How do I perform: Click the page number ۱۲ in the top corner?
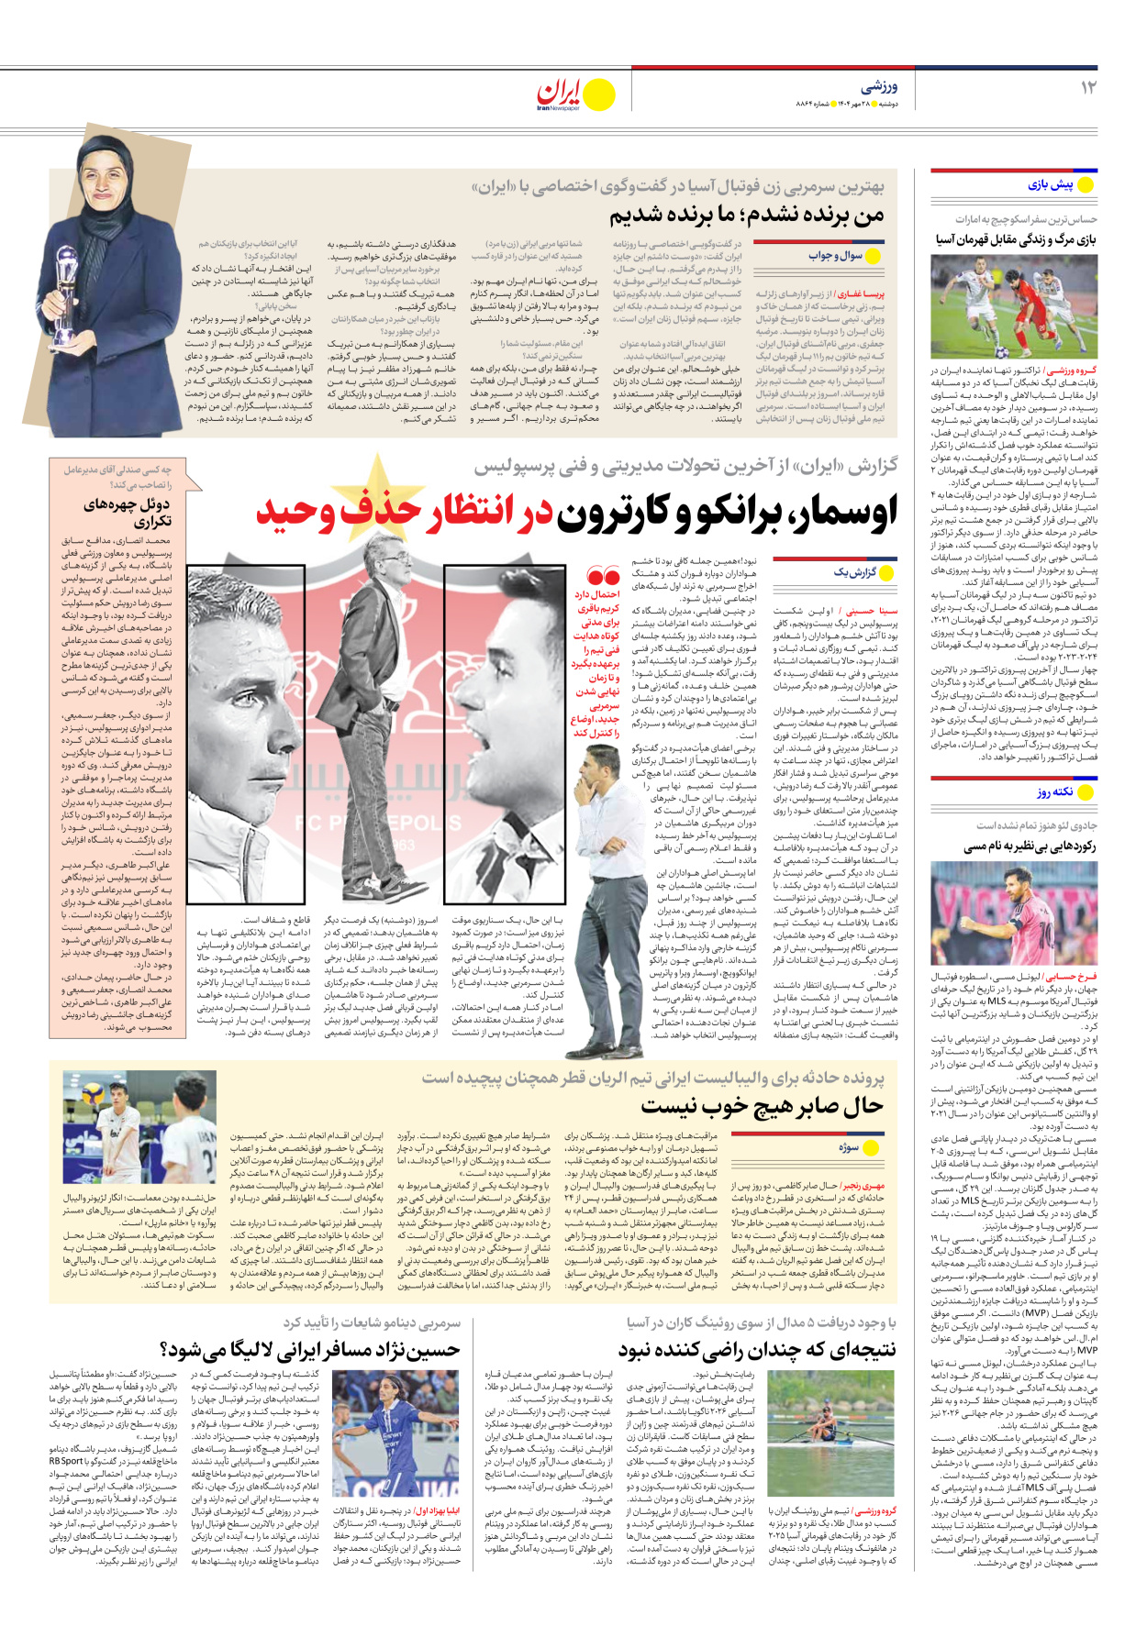pyautogui.click(x=1088, y=88)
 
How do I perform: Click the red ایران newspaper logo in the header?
pyautogui.click(x=561, y=94)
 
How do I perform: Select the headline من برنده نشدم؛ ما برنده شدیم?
pyautogui.click(x=747, y=216)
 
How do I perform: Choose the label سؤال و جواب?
pyautogui.click(x=835, y=256)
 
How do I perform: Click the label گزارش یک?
pyautogui.click(x=853, y=572)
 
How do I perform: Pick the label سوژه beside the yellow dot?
pyautogui.click(x=848, y=1147)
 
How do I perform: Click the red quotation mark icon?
pyautogui.click(x=603, y=577)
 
